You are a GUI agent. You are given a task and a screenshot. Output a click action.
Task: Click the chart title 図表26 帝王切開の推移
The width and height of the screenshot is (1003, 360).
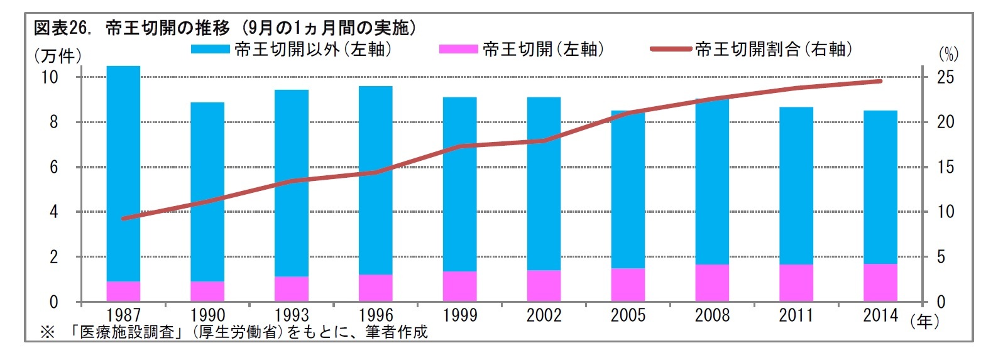tap(224, 28)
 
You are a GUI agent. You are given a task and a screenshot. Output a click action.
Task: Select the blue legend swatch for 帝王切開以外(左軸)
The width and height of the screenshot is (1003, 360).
tap(210, 49)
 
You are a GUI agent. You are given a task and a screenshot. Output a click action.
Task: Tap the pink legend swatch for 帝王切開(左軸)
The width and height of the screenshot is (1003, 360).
tap(458, 49)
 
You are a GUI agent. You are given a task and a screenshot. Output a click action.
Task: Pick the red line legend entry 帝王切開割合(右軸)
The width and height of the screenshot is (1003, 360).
tap(671, 49)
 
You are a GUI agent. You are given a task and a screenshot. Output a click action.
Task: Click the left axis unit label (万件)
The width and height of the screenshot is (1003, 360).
tap(57, 56)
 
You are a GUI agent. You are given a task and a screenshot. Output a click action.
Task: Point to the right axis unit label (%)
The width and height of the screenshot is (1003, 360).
tap(948, 55)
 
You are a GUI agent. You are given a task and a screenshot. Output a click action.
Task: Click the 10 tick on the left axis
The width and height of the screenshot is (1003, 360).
tap(50, 77)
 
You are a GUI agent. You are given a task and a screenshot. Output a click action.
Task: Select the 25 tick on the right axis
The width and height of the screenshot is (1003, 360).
tap(945, 77)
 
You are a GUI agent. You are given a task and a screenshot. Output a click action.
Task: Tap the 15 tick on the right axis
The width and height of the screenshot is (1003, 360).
tap(945, 167)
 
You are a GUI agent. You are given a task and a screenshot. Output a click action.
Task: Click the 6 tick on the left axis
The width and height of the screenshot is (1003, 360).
tap(53, 167)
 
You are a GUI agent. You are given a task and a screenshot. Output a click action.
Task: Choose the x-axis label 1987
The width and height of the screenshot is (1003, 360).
tap(123, 315)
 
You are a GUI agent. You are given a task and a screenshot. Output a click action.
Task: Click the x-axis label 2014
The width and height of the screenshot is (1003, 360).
tap(880, 315)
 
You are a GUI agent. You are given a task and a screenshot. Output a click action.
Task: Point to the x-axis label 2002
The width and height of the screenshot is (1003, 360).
tap(544, 315)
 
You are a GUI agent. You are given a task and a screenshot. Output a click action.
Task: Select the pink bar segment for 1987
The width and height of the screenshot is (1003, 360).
tap(123, 292)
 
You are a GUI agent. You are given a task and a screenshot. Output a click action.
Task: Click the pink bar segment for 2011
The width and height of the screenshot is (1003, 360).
tap(796, 283)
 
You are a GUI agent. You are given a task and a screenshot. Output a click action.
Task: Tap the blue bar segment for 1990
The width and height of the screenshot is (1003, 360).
tap(207, 192)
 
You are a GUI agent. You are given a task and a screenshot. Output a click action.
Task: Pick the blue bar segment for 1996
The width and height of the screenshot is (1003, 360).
tap(376, 180)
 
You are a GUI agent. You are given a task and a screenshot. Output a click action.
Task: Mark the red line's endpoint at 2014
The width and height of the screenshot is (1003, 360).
tap(880, 81)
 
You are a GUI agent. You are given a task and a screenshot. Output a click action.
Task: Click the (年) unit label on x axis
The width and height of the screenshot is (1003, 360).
tap(925, 322)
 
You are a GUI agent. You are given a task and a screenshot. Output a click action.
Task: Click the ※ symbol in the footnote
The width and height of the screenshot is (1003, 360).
tap(48, 332)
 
